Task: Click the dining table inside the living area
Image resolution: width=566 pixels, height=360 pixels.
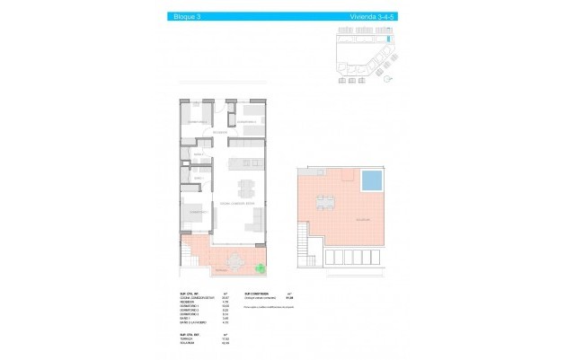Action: coord(244,189)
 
